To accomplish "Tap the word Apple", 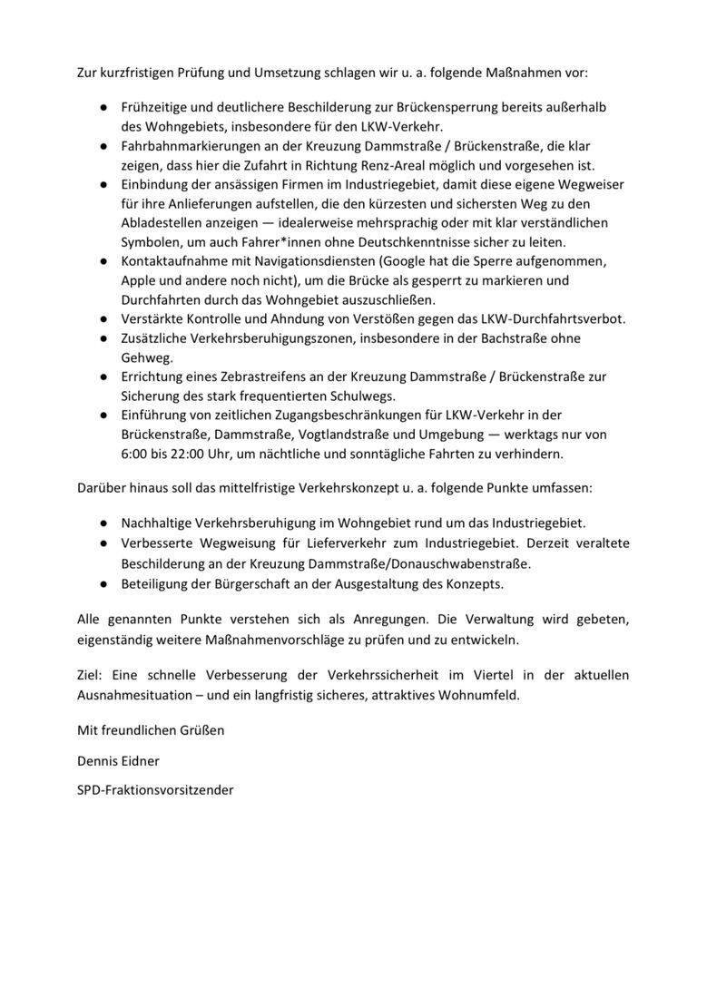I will pyautogui.click(x=139, y=280).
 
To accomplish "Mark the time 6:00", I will pyautogui.click(x=137, y=454).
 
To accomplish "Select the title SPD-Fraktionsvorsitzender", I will pyautogui.click(x=155, y=790).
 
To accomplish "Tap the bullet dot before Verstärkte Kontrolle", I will pyautogui.click(x=104, y=319).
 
